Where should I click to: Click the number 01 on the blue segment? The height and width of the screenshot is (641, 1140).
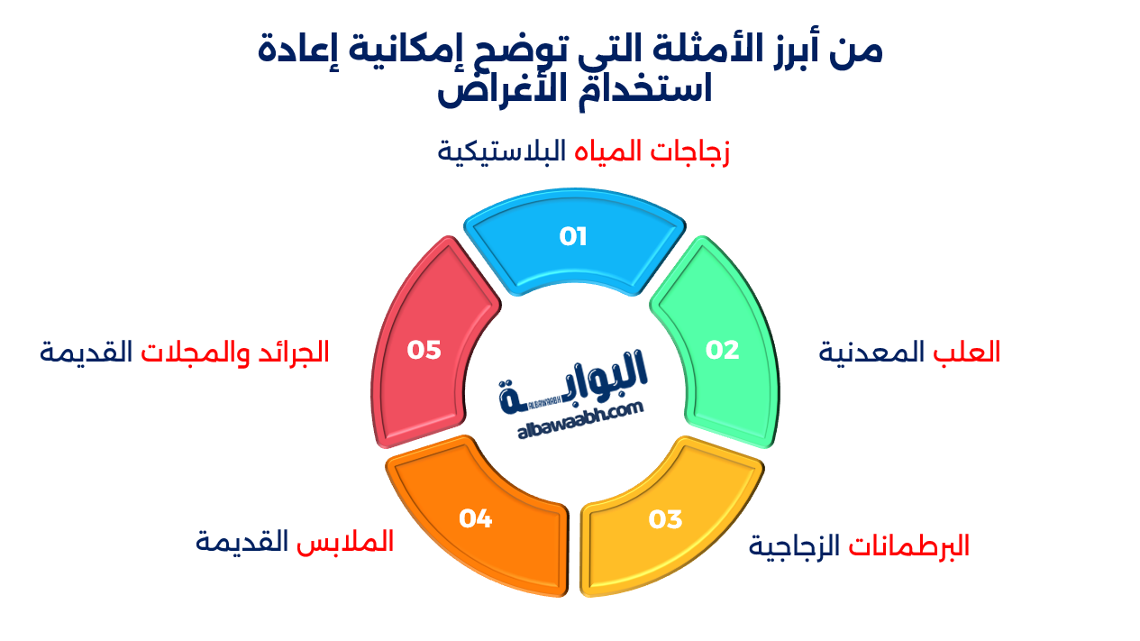(573, 237)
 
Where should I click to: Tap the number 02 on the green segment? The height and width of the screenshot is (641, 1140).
(722, 350)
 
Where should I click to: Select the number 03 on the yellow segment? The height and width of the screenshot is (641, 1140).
(665, 520)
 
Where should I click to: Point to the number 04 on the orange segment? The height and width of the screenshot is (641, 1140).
(475, 519)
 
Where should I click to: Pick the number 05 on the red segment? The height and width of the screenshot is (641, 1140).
(424, 350)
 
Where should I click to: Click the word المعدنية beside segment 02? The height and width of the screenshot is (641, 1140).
(871, 352)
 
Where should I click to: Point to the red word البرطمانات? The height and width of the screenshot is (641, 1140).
(909, 545)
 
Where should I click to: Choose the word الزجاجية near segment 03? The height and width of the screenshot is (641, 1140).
(794, 545)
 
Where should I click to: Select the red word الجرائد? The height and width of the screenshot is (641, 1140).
(298, 352)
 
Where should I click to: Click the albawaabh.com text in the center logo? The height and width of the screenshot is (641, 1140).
(581, 422)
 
